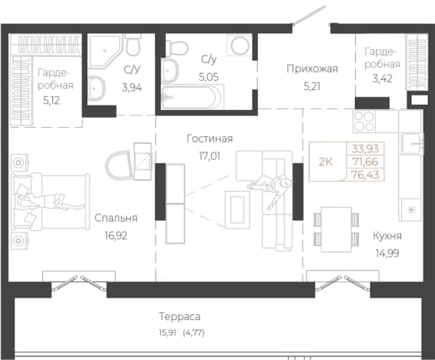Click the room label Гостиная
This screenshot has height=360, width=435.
(x=209, y=138)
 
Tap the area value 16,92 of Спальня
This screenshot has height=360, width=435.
(x=116, y=235)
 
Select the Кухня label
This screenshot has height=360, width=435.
(x=387, y=236)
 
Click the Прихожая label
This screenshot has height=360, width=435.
(x=312, y=68)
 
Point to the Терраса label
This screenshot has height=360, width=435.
(x=179, y=316)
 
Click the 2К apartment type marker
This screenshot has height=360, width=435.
(x=326, y=162)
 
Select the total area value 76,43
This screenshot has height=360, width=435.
(x=365, y=175)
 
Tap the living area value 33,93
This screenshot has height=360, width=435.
(x=365, y=148)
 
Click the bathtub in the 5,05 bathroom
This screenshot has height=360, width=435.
(x=192, y=97)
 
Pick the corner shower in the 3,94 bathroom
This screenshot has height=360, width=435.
(x=105, y=51)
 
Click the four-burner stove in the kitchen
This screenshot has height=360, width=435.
(x=364, y=121)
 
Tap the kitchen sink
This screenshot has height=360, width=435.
(x=411, y=143)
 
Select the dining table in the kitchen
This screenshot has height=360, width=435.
(x=336, y=229)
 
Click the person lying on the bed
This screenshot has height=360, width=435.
(x=49, y=200)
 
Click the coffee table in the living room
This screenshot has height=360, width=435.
(x=237, y=210)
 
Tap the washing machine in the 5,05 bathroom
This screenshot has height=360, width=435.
(x=239, y=45)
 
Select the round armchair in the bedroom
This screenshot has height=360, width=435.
(x=119, y=165)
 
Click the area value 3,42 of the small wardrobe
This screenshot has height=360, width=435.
(x=383, y=78)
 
